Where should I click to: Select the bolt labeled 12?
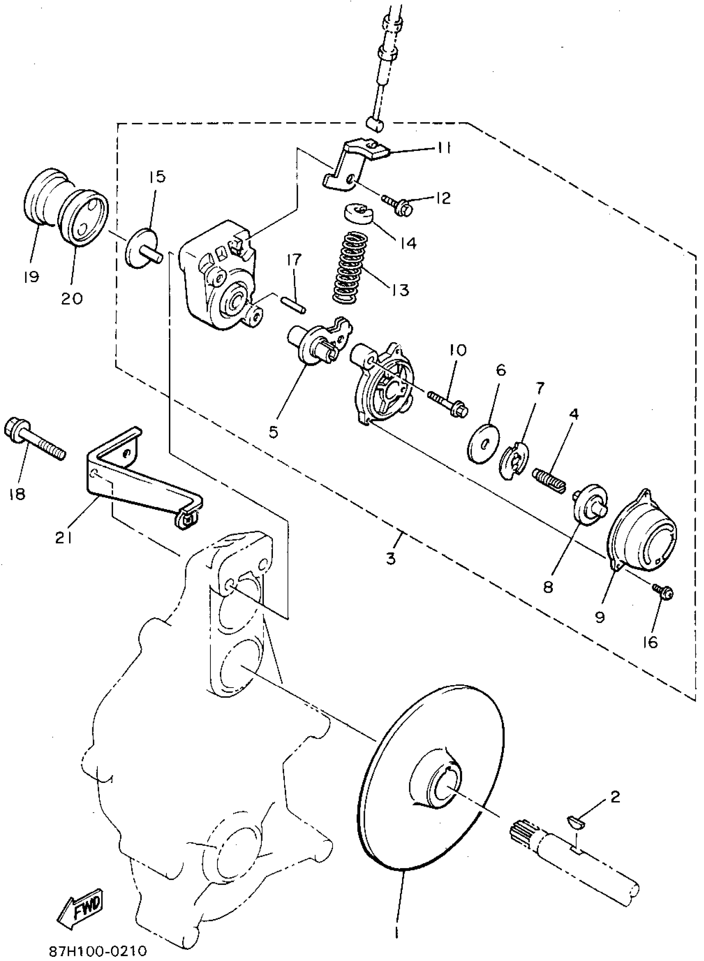click(398, 206)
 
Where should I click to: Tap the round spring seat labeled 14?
click(359, 213)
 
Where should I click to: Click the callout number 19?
click(31, 277)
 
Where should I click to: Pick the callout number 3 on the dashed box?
click(391, 558)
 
